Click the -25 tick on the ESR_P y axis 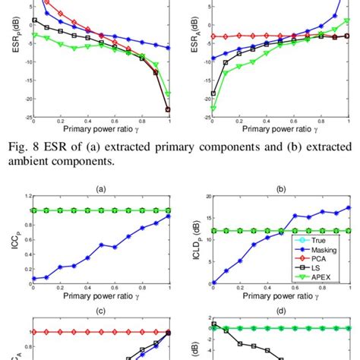(24, 118)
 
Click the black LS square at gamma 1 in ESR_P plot (168, 109)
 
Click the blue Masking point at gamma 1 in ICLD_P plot (348, 207)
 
